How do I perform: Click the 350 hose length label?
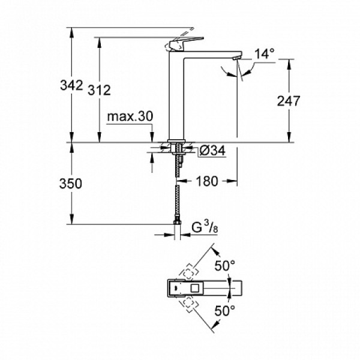coord(71,184)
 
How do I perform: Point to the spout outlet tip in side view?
coord(236,58)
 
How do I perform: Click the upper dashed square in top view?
coord(190,273)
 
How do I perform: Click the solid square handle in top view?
coord(178,289)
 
